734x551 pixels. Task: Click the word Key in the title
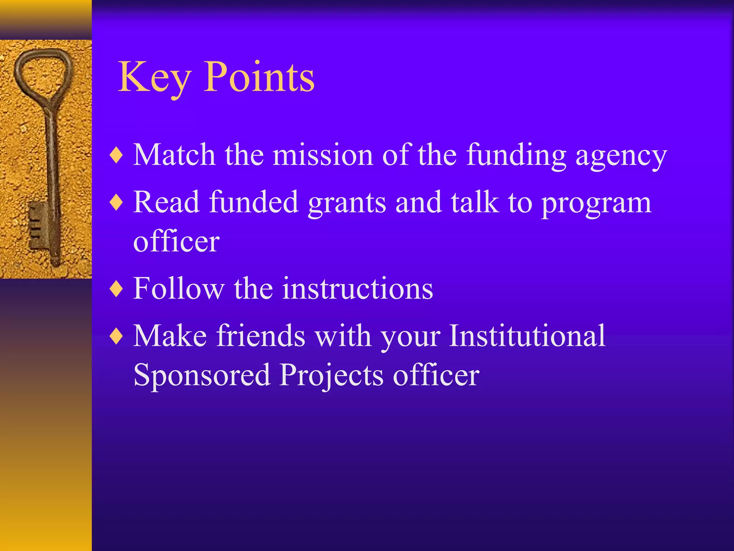point(154,77)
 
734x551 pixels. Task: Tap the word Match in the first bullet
point(174,155)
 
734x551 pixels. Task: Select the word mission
point(323,155)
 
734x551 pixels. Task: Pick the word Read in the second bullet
point(166,203)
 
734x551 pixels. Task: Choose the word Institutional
point(527,336)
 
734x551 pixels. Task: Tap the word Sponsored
point(202,376)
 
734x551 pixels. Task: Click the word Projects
point(332,376)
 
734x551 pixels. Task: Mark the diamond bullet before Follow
point(117,289)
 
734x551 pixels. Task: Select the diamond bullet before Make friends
point(117,336)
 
